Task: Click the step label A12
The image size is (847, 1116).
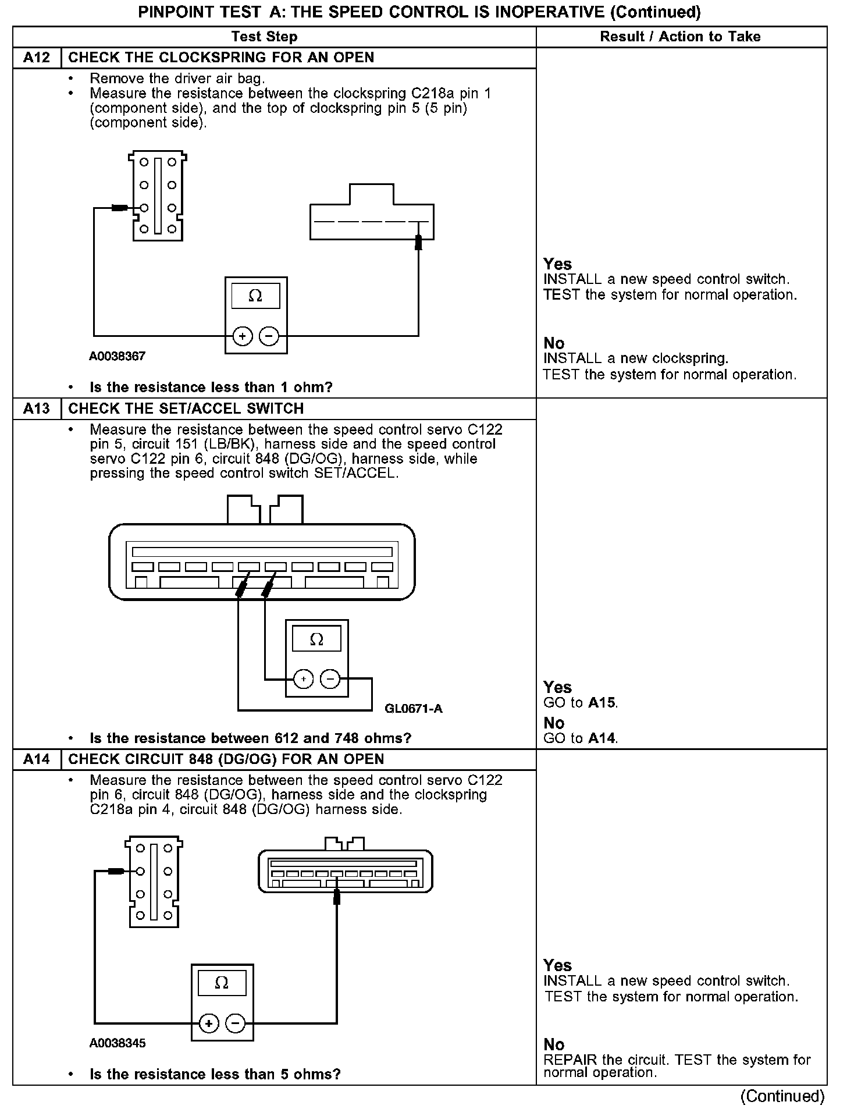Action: (37, 58)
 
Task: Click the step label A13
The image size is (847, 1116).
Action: (37, 408)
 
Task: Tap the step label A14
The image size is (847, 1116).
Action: (37, 759)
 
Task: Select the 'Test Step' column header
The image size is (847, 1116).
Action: (264, 37)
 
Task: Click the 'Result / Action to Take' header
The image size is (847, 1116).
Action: (680, 37)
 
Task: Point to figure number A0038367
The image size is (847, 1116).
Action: (117, 356)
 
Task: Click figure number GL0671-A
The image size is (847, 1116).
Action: (414, 708)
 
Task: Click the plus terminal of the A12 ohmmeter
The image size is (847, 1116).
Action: (242, 336)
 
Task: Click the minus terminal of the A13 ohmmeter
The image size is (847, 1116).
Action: (330, 679)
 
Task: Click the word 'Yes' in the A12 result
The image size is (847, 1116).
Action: (557, 264)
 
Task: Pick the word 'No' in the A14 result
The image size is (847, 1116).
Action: (554, 1044)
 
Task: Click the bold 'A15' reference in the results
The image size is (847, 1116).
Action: (602, 702)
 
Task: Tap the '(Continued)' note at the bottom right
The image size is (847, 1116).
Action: (782, 1096)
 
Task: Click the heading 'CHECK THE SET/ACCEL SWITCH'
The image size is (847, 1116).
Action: (186, 408)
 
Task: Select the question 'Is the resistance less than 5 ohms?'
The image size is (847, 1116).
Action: (215, 1074)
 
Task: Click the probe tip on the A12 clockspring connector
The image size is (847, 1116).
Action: (120, 208)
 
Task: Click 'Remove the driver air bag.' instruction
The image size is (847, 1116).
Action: (177, 79)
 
